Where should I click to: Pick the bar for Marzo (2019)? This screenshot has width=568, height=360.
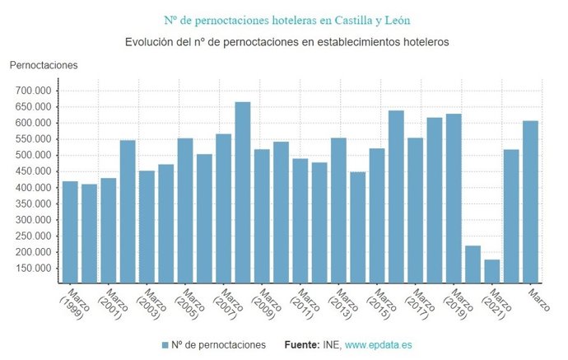pos(454,199)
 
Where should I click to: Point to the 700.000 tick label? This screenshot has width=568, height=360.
pos(32,91)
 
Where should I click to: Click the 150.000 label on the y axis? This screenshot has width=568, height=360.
pos(32,269)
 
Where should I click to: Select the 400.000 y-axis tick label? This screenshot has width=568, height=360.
pos(32,188)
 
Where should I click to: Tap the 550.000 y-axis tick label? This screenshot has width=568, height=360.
pos(32,139)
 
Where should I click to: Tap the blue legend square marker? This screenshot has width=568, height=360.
pos(165,345)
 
